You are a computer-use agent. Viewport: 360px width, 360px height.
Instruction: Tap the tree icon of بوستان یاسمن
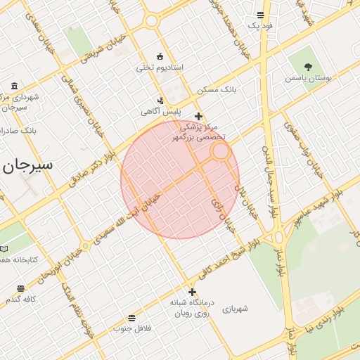308,67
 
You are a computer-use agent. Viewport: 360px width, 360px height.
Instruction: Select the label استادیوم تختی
160,67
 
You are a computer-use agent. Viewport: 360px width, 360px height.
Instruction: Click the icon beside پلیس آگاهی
161,101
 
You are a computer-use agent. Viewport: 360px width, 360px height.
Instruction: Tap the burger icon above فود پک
260,15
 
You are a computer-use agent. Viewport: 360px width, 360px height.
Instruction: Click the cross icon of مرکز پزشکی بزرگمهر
199,117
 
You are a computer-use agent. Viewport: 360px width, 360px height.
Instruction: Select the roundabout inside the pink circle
221,150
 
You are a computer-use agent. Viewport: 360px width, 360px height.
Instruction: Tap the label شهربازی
236,308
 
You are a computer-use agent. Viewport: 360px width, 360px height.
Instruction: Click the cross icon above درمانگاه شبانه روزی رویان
192,292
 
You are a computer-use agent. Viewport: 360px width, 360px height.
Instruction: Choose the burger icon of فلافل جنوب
132,318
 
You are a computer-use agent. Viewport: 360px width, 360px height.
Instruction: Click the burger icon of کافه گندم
20,288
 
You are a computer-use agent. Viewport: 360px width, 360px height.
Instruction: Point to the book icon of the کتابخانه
4,249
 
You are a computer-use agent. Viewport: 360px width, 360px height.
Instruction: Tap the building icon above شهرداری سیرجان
15,86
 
